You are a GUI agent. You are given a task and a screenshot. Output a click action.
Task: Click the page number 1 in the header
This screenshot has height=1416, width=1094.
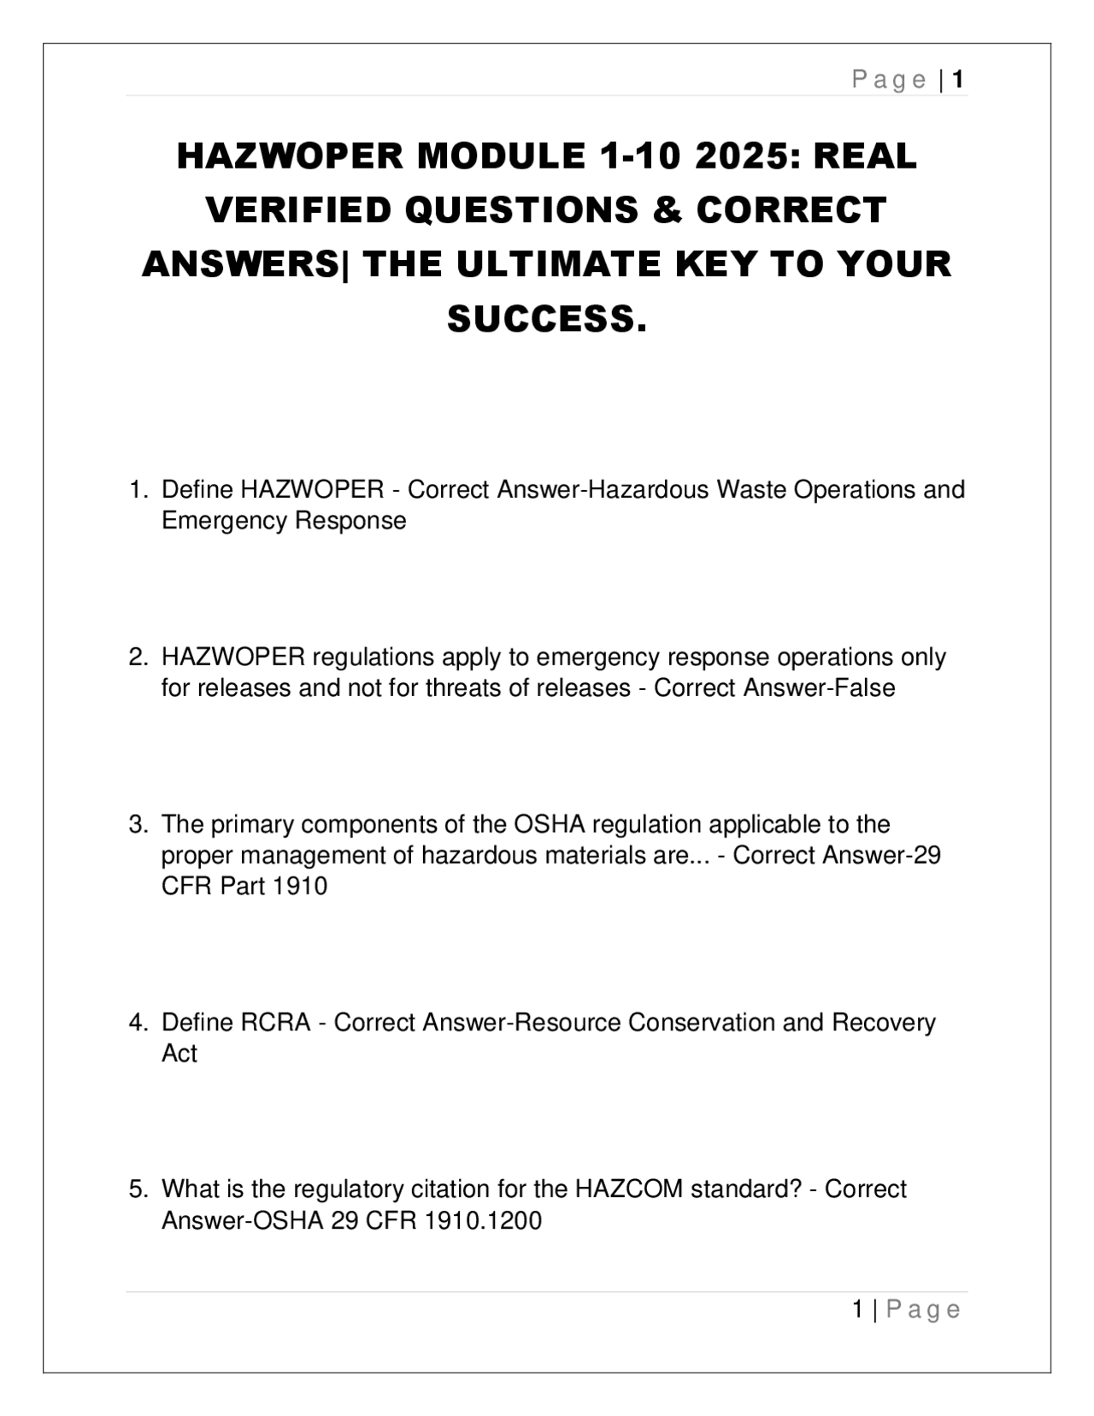(x=958, y=80)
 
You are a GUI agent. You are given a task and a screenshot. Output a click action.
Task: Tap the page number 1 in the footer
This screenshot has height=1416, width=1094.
(x=858, y=1309)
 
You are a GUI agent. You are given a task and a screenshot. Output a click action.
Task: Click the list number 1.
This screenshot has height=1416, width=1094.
(x=137, y=490)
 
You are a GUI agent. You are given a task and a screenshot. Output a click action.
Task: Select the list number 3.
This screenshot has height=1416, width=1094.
(x=137, y=824)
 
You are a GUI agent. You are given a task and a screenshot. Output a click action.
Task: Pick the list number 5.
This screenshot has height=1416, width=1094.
(x=137, y=1189)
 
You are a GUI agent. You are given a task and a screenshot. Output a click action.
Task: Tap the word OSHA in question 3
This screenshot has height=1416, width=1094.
(x=549, y=824)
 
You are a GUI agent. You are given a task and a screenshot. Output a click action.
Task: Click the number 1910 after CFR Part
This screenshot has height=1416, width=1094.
(x=300, y=886)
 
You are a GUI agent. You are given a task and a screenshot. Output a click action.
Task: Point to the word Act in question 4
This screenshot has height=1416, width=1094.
(x=179, y=1053)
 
